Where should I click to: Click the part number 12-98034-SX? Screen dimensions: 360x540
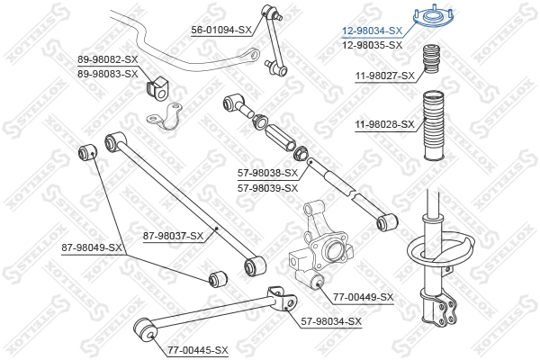click(x=372, y=30)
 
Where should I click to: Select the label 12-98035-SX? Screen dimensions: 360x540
click(x=372, y=43)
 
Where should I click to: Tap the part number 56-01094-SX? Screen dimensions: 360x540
click(x=220, y=30)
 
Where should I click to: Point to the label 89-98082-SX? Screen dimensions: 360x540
click(x=107, y=59)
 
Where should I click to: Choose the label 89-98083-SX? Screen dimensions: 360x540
click(x=107, y=73)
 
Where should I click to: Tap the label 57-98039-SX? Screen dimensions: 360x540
click(x=267, y=188)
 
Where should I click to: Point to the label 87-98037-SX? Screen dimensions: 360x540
click(x=174, y=236)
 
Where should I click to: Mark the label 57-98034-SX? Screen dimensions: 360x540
click(x=331, y=321)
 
